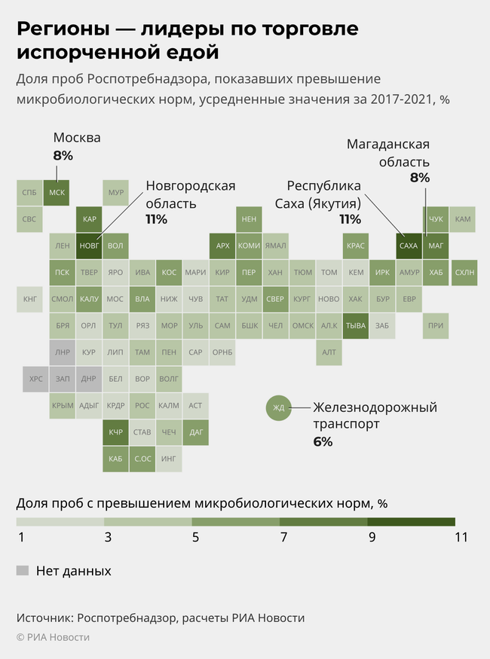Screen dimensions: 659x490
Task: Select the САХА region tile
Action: click(408, 246)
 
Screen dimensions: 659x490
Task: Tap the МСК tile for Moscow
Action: click(57, 193)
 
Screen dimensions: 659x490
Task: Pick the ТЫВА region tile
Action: click(355, 325)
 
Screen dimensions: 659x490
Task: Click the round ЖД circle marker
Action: click(278, 409)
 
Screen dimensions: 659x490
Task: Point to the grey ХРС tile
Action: click(35, 379)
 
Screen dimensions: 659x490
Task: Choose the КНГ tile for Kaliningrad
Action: click(30, 299)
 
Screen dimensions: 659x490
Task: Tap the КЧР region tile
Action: click(115, 432)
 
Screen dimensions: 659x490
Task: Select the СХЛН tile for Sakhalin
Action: click(464, 273)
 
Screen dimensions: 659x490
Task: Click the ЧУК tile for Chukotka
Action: click(436, 219)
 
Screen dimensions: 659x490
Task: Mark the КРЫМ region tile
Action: click(63, 405)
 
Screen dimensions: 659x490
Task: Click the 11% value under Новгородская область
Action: click(156, 219)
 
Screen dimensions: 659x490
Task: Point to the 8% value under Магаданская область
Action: click(419, 178)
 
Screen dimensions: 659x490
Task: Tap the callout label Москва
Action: click(76, 139)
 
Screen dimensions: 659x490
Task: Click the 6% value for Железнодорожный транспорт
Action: click(323, 441)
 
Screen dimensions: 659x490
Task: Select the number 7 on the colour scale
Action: click(283, 537)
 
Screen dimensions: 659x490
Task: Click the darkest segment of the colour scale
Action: click(411, 521)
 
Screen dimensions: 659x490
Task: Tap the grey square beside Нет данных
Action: click(23, 570)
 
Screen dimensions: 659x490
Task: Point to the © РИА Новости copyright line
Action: click(53, 637)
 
